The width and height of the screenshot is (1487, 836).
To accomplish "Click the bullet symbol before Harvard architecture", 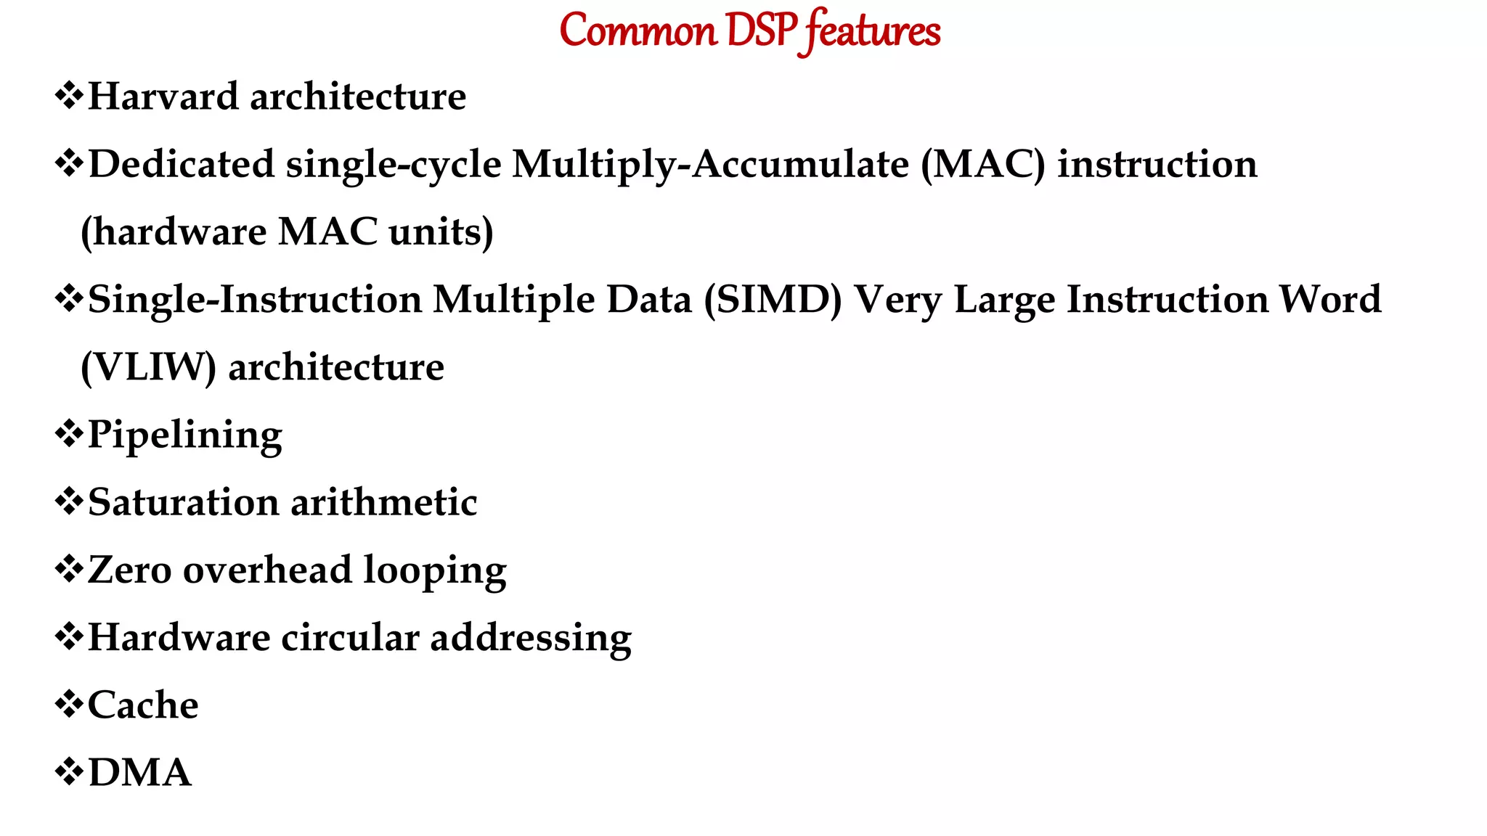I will point(69,96).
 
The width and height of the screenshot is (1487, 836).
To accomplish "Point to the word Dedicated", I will point(182,164).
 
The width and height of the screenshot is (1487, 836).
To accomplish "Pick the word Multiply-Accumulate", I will point(710,165).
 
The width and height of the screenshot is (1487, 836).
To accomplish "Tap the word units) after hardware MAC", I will point(441,232).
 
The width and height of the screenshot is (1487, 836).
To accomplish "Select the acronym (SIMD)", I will point(773,300).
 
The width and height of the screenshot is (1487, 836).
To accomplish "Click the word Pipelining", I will point(185,436).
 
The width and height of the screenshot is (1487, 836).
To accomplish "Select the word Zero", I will point(130,570).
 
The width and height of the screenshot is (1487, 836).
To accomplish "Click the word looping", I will point(435,571).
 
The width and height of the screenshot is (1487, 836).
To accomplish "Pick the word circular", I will point(350,637).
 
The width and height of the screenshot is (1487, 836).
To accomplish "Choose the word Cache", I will point(143,705).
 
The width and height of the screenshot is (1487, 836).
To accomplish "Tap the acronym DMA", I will point(140,772).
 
